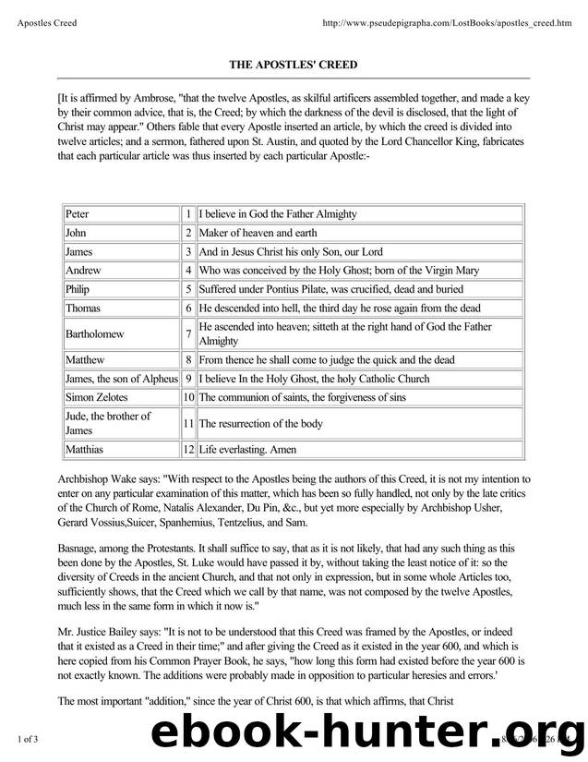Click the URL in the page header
pyautogui.click(x=445, y=22)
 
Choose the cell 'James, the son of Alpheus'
pyautogui.click(x=121, y=379)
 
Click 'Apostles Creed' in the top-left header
pyautogui.click(x=47, y=22)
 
